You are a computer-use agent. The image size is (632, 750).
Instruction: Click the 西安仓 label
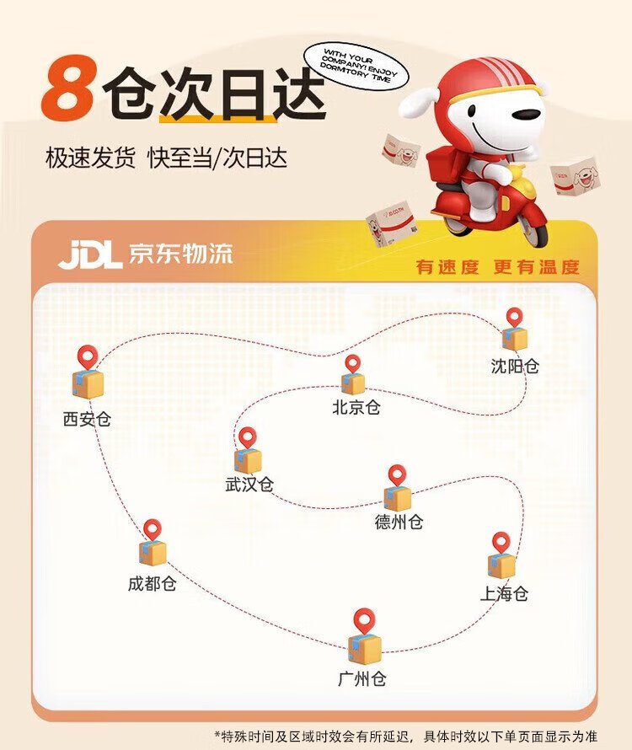point(87,419)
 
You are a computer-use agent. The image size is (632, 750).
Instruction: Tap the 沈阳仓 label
point(515,367)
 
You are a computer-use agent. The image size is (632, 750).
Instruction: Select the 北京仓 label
point(356,407)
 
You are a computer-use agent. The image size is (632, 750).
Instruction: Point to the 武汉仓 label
point(249,485)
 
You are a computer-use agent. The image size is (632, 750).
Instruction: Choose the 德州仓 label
point(399,522)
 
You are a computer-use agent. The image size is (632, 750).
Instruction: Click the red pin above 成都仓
point(153,530)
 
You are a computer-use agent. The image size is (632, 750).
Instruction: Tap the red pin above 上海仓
point(501,543)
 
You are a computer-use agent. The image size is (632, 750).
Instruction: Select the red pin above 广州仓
point(365,621)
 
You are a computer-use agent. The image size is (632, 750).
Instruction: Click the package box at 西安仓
point(88,383)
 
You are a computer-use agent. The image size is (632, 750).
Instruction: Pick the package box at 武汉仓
point(248,461)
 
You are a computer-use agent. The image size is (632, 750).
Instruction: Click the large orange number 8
point(67,88)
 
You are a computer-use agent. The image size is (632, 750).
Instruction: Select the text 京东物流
point(180,254)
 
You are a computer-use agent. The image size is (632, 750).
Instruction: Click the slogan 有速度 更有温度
point(497,267)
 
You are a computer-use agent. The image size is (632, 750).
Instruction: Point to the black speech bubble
point(356,66)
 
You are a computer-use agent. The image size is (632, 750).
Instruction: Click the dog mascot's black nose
point(527,115)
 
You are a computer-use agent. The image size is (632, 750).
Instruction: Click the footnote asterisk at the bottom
point(217,735)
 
